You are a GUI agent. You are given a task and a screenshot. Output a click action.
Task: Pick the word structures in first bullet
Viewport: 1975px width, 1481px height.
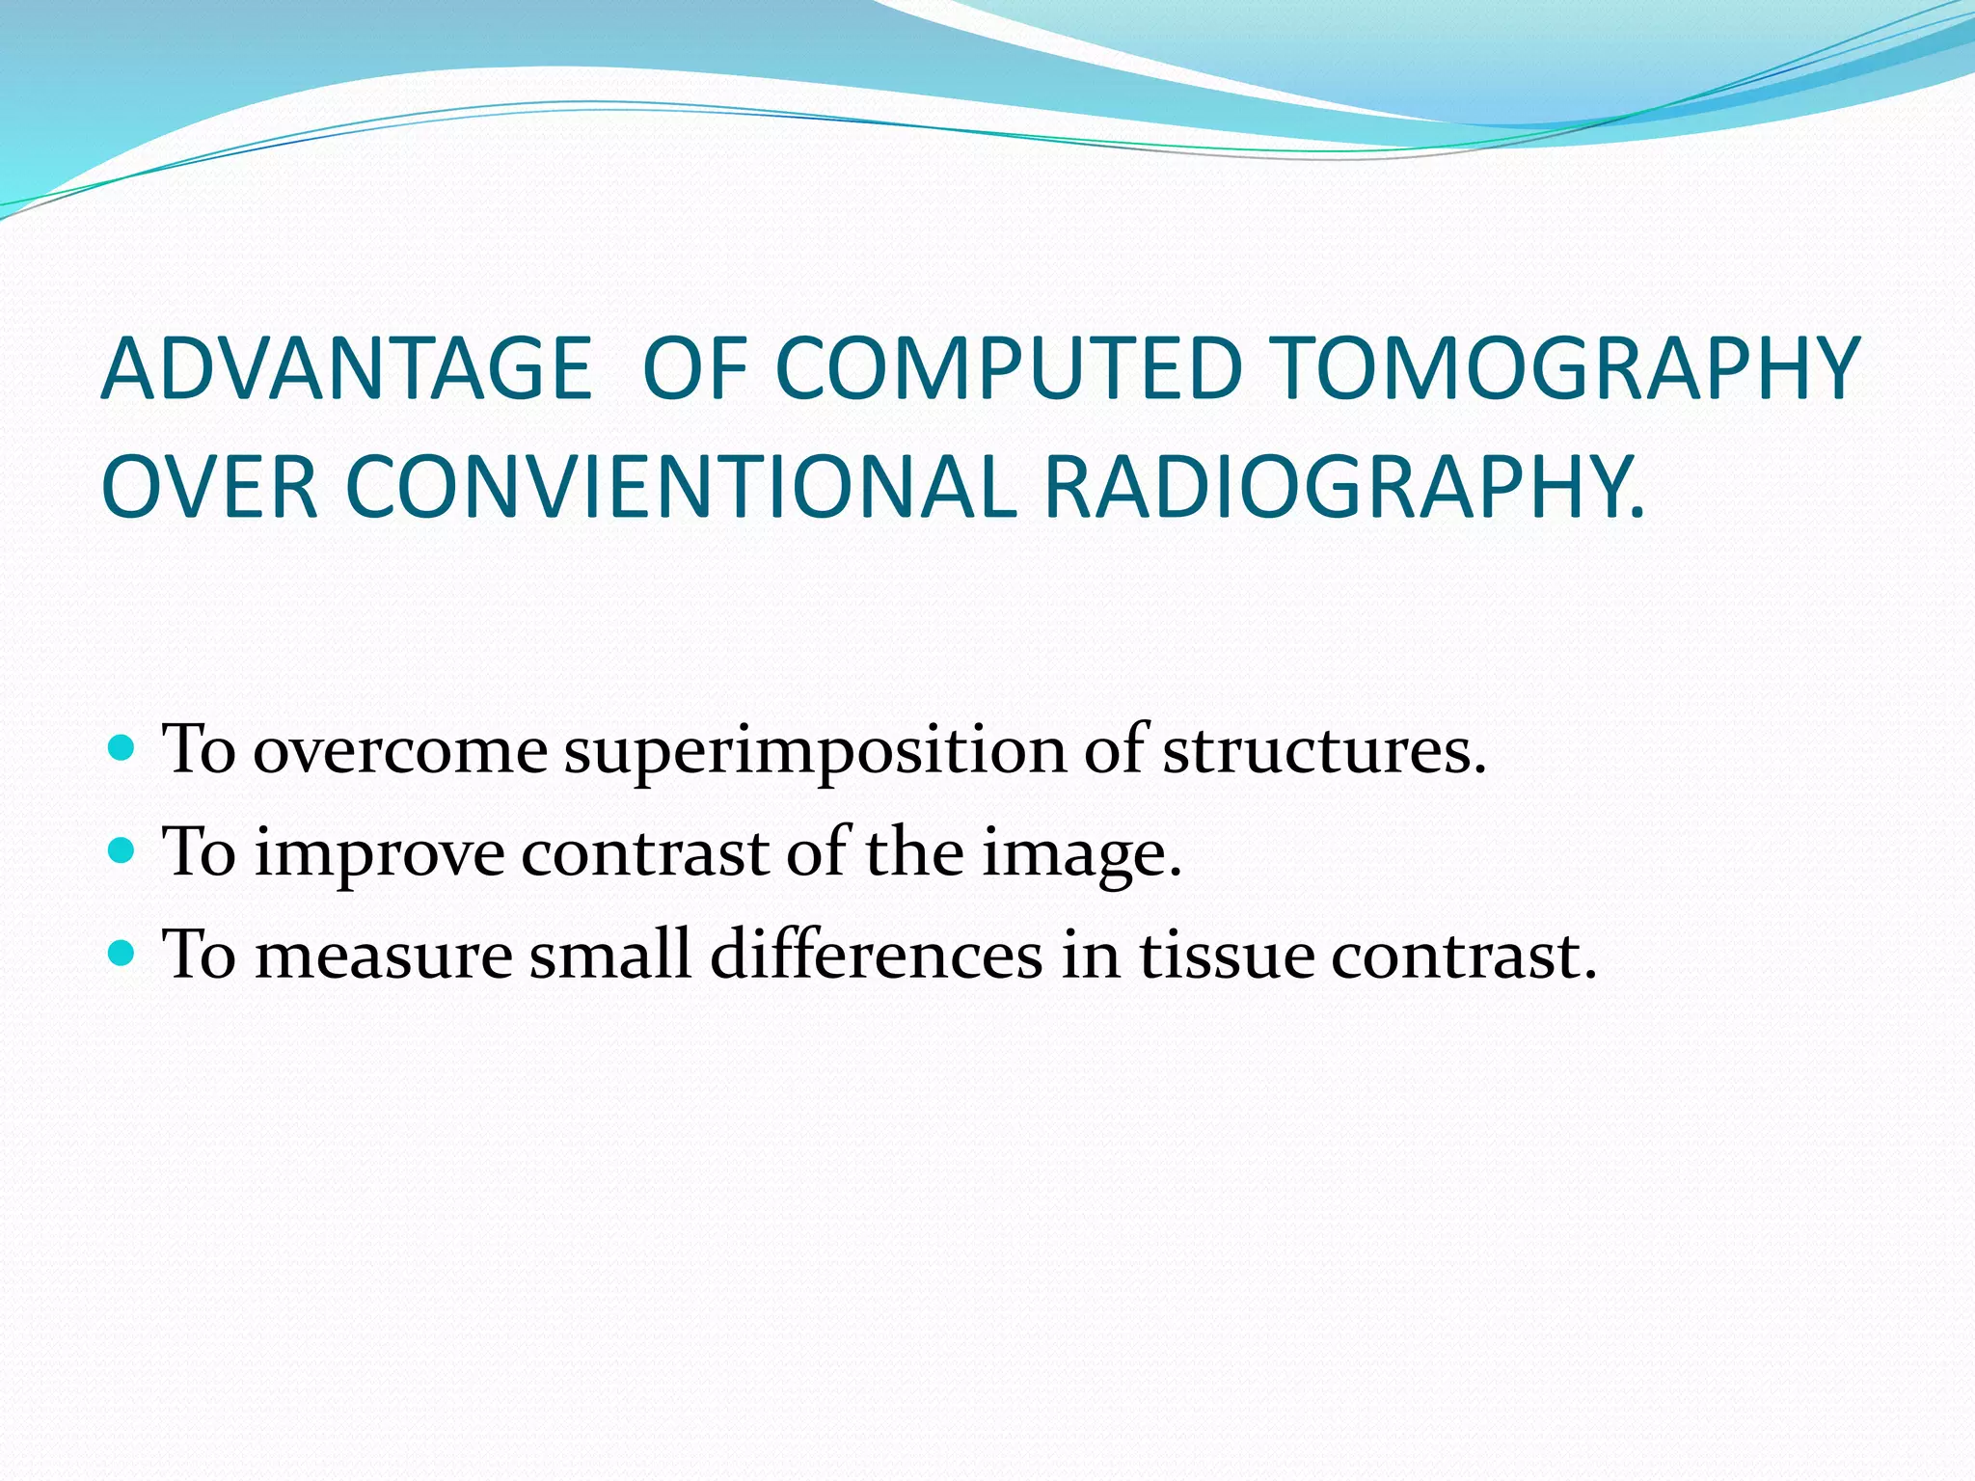click(x=1323, y=750)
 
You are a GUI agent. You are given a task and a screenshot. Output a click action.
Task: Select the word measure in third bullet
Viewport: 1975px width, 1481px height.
click(x=383, y=956)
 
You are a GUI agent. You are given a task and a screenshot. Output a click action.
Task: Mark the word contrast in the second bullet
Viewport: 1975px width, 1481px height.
click(x=645, y=854)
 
